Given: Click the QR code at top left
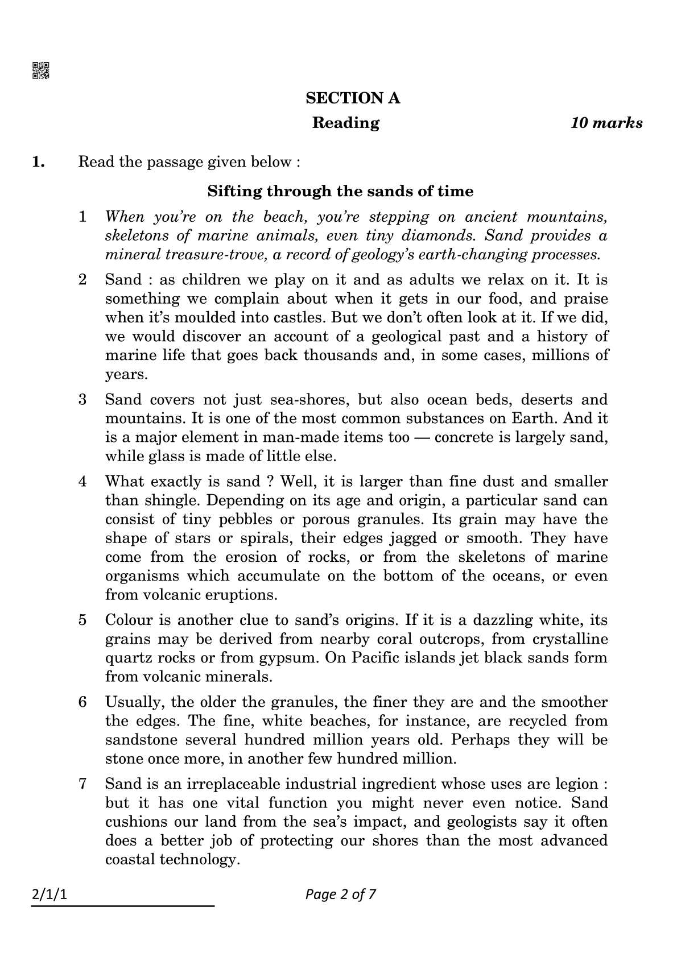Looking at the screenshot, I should pos(40,70).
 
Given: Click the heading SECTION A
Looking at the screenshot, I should pos(353,98).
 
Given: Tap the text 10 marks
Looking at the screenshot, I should pos(606,123).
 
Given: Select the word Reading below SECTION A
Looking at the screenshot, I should pos(345,123).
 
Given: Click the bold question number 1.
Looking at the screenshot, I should pos(38,162).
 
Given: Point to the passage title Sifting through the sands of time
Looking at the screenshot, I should pos(340,191).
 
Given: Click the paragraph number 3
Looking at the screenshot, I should pos(83,400).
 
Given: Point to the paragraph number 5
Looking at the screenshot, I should pos(83,620).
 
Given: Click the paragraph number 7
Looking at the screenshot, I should pos(83,784).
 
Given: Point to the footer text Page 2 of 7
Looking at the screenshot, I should pos(340,894).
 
